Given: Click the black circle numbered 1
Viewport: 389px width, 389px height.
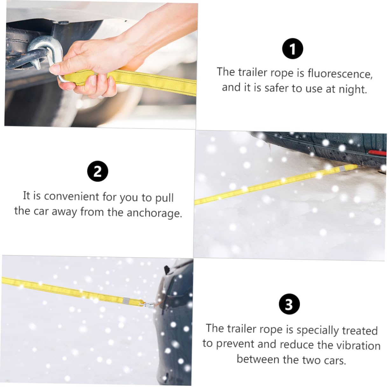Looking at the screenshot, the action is click(x=293, y=49).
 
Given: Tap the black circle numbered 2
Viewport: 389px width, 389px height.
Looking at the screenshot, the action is click(x=98, y=171).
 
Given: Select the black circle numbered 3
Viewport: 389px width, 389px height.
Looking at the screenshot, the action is click(x=289, y=304).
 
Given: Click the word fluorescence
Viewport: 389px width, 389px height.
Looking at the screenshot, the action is click(x=340, y=73).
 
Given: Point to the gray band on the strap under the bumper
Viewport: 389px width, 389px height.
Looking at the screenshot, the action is click(x=342, y=168).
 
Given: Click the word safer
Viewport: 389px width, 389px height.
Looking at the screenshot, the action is click(x=278, y=88).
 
